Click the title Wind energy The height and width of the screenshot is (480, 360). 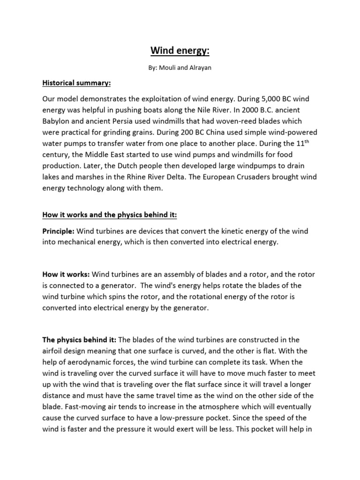pos(180,50)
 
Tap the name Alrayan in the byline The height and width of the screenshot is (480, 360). pos(200,68)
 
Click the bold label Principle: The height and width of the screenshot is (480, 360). pos(58,232)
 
